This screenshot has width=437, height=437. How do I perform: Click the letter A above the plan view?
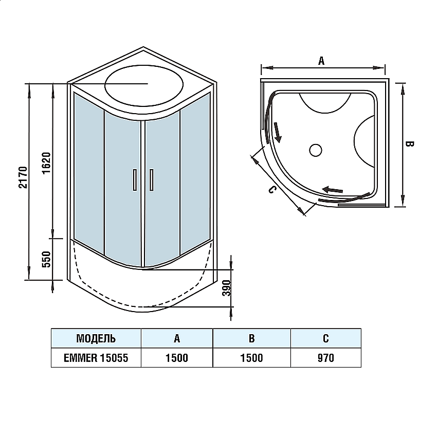point(321,61)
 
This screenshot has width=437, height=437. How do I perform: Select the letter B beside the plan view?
point(410,144)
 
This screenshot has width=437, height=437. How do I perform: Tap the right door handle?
point(151,180)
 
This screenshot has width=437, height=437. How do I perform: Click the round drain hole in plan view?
point(315,150)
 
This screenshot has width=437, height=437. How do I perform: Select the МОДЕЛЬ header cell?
point(96,338)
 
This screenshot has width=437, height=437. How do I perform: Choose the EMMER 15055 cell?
point(96,358)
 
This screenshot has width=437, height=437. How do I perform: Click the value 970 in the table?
point(326,358)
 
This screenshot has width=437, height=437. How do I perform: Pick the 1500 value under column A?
point(177,358)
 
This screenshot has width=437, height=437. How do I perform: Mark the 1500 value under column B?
point(251,358)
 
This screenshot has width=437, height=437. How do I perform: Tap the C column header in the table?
point(326,338)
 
